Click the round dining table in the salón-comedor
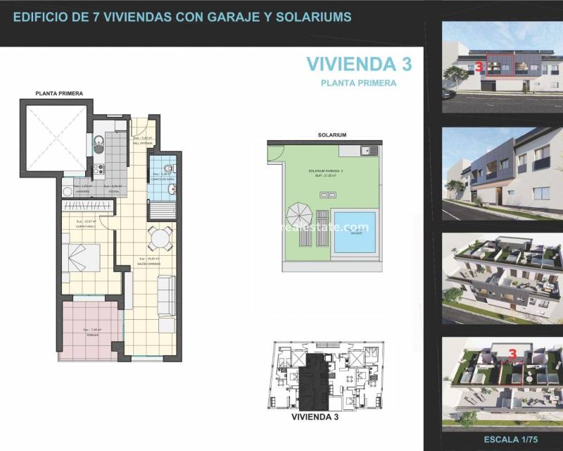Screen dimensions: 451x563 [160, 239]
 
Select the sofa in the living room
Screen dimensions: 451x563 [166, 296]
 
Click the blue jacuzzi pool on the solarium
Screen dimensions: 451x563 [354, 231]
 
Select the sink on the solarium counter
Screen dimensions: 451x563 [365, 150]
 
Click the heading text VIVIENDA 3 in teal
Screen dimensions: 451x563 [359, 63]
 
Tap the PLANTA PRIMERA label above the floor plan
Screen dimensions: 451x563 [60, 93]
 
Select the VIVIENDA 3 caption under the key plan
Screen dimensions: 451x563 [315, 417]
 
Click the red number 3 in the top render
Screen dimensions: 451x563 [479, 68]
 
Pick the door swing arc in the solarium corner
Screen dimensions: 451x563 [275, 151]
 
